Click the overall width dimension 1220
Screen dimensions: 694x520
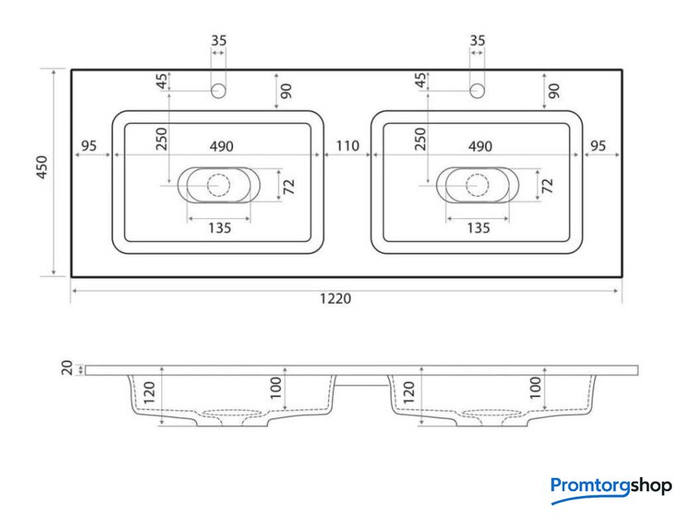(335, 298)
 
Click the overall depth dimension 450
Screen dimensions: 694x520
(41, 167)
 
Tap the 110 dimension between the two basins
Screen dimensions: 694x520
(348, 146)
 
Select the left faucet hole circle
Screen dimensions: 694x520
(218, 91)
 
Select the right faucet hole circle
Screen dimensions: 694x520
(477, 91)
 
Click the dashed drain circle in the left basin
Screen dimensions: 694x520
(219, 185)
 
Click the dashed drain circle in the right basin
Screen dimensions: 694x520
(478, 185)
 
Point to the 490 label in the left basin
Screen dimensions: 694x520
(221, 146)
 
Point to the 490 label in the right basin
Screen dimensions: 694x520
(480, 146)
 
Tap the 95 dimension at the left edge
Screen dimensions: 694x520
(89, 146)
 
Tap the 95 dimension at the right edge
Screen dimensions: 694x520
(598, 146)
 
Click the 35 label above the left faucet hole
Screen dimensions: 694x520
(219, 41)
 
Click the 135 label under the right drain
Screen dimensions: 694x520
(478, 228)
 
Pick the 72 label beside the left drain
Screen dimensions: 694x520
(288, 187)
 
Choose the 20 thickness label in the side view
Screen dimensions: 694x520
(67, 368)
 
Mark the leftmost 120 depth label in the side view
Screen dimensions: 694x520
(150, 393)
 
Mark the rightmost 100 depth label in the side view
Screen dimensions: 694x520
(535, 388)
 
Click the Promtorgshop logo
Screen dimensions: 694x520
(611, 489)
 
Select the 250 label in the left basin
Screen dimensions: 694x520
(162, 139)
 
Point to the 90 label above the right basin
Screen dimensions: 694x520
(554, 91)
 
